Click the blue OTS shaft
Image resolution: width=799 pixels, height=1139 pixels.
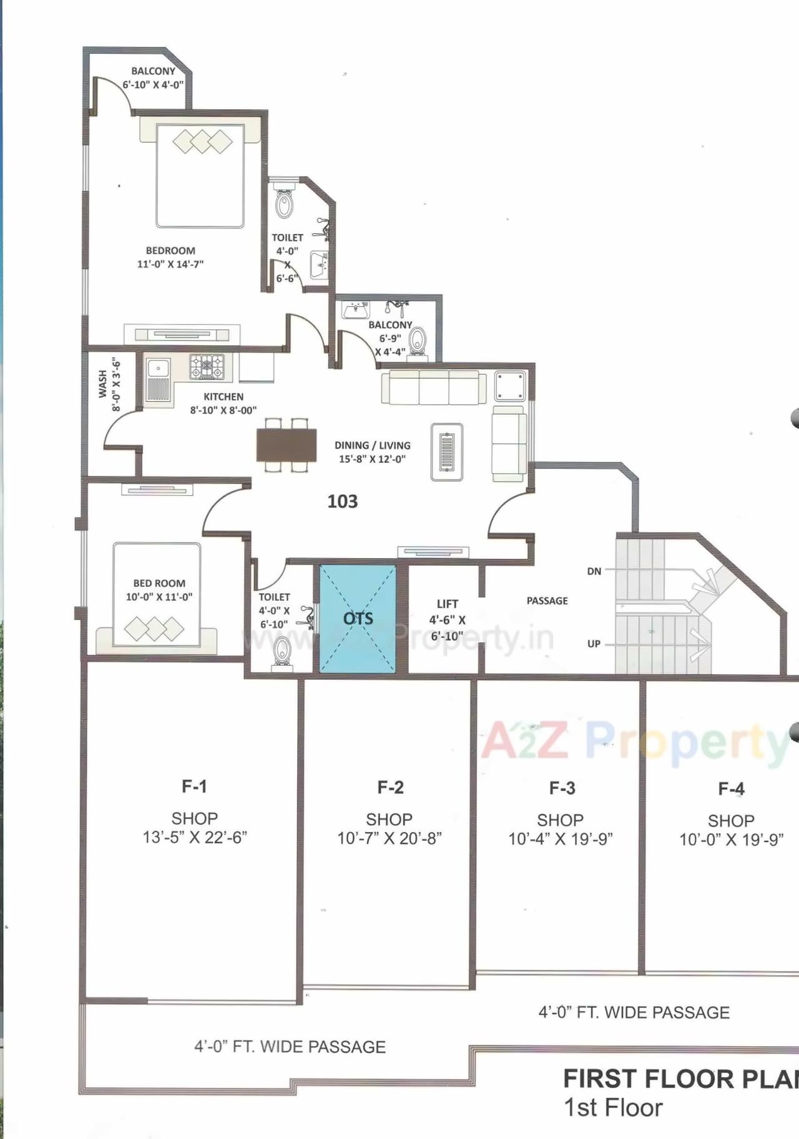[358, 618]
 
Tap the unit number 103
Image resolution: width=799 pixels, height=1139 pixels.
[343, 502]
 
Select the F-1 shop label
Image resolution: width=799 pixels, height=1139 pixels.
[194, 787]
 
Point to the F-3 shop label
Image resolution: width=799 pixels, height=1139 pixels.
[562, 788]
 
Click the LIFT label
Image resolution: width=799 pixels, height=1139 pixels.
[448, 604]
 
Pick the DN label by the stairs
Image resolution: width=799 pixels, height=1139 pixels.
[594, 571]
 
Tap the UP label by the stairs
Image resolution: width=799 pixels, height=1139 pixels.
[594, 644]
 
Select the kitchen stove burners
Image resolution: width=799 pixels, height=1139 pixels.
[207, 367]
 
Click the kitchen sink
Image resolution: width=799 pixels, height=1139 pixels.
[159, 379]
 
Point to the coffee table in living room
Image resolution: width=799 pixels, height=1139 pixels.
[447, 452]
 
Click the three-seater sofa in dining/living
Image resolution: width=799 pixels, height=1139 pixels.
[434, 388]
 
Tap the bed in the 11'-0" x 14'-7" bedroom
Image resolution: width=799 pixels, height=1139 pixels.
[200, 176]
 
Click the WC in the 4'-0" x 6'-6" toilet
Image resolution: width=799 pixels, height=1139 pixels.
[284, 204]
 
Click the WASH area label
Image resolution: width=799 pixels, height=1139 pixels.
[102, 384]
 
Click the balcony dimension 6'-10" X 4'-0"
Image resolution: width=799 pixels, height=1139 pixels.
[153, 84]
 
